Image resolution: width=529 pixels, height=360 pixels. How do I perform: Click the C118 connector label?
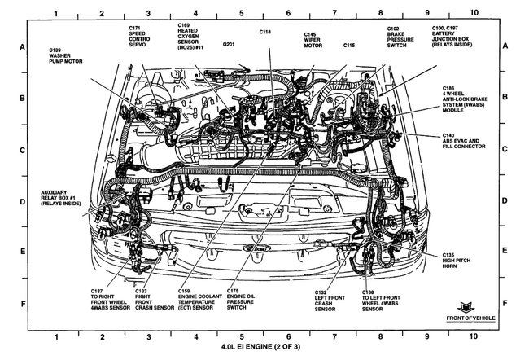pos(265,32)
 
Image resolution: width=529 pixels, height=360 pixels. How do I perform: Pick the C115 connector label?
pos(351,45)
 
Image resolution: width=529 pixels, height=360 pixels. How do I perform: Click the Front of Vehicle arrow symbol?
pos(468,304)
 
